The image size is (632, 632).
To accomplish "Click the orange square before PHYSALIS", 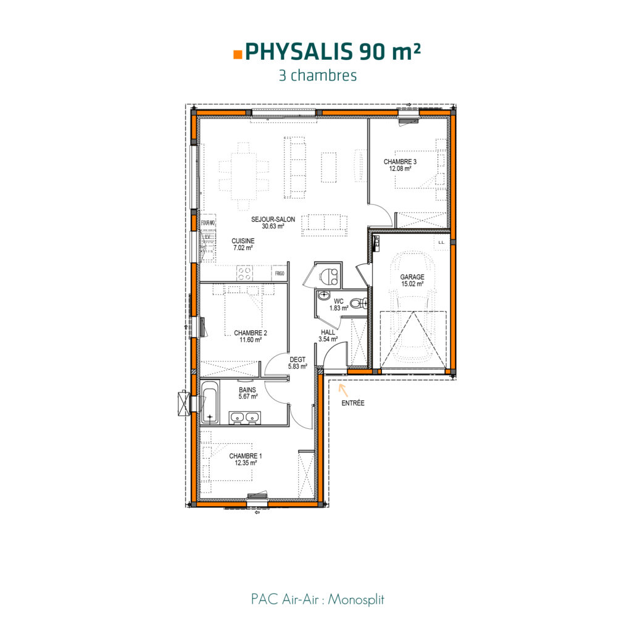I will pyautogui.click(x=238, y=54).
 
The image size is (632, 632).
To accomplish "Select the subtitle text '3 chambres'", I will pyautogui.click(x=318, y=76).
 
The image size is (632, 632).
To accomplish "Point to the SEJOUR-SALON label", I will pyautogui.click(x=273, y=220).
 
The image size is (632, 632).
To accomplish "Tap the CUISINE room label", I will pyautogui.click(x=243, y=241).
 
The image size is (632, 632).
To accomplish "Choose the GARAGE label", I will pyautogui.click(x=412, y=277).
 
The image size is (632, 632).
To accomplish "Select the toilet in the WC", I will pyautogui.click(x=357, y=302).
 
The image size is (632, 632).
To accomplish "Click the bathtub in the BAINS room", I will pyautogui.click(x=209, y=403).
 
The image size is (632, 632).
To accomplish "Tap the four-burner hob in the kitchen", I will pyautogui.click(x=245, y=273).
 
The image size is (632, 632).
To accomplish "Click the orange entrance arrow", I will pyautogui.click(x=341, y=389).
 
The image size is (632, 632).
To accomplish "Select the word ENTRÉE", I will pyautogui.click(x=352, y=403).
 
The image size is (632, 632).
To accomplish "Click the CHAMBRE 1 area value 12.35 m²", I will pyautogui.click(x=246, y=463).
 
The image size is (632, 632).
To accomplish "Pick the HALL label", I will pyautogui.click(x=328, y=331).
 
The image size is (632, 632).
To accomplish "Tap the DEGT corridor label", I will pyautogui.click(x=297, y=359).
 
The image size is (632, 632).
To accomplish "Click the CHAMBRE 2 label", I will pyautogui.click(x=250, y=333).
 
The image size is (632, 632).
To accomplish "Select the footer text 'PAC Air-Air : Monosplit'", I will pyautogui.click(x=317, y=599).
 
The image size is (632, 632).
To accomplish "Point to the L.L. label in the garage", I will pyautogui.click(x=441, y=243).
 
